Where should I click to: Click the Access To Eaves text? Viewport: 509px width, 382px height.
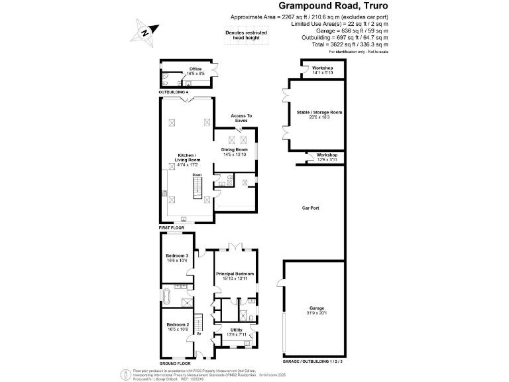click(x=240, y=118)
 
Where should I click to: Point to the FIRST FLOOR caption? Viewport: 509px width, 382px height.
click(x=171, y=227)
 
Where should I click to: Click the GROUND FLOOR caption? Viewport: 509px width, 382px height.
click(x=175, y=363)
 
